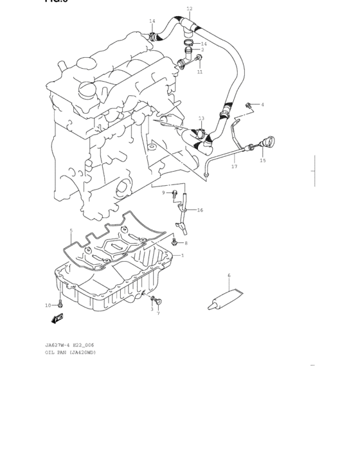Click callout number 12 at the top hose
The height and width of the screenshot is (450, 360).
click(189, 9)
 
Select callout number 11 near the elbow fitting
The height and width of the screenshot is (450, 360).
click(200, 72)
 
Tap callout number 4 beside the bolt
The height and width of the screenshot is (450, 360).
click(262, 105)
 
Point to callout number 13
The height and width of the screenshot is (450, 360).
click(201, 118)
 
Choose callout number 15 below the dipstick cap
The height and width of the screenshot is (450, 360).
click(262, 161)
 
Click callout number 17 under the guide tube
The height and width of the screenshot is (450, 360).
click(234, 166)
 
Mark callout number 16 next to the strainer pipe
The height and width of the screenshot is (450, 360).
click(200, 210)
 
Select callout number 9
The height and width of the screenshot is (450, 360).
click(163, 192)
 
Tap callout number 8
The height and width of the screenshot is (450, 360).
click(186, 243)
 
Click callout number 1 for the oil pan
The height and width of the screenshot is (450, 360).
click(182, 255)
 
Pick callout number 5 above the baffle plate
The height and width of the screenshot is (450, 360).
click(71, 230)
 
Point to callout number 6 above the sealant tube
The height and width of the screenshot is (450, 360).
click(229, 276)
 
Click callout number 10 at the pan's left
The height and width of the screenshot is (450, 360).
click(48, 305)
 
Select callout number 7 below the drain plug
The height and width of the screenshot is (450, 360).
click(158, 313)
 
